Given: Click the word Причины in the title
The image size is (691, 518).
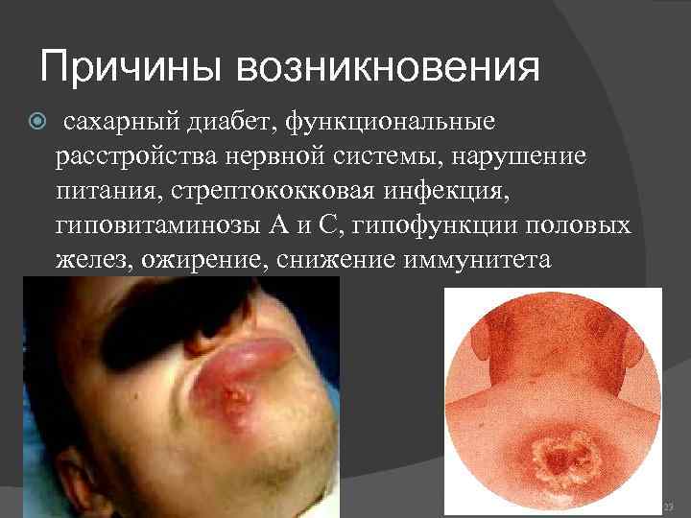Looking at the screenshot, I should pyautogui.click(x=130, y=69).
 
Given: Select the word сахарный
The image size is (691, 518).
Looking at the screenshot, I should pyautogui.click(x=117, y=123).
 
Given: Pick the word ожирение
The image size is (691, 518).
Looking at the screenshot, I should pyautogui.click(x=203, y=258).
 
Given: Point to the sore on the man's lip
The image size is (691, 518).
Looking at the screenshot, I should pyautogui.click(x=230, y=394).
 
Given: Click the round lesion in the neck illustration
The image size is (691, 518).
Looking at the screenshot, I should pyautogui.click(x=554, y=457).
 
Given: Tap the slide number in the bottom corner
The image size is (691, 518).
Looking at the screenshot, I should pyautogui.click(x=669, y=505).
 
